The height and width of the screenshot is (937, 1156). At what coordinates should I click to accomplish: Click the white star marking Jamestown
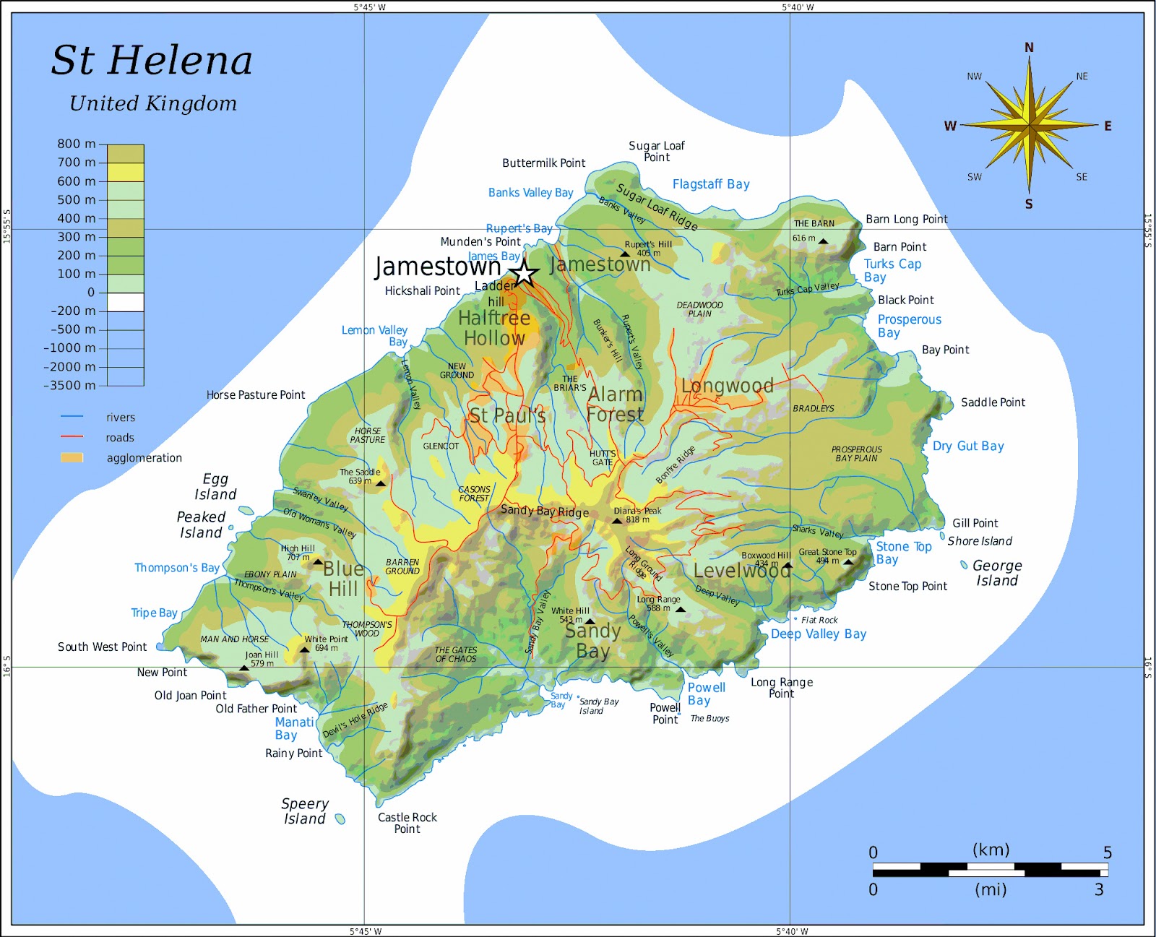pyautogui.click(x=524, y=274)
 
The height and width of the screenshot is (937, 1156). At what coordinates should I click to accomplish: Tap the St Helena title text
pyautogui.click(x=152, y=60)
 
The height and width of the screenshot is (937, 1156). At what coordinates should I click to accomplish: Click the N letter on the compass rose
pyautogui.click(x=1029, y=48)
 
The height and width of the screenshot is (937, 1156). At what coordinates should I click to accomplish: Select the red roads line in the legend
pyautogui.click(x=72, y=437)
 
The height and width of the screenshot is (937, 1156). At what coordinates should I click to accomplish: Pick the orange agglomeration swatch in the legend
pyautogui.click(x=72, y=457)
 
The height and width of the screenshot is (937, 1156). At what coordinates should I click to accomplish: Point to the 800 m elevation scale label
pyautogui.click(x=77, y=144)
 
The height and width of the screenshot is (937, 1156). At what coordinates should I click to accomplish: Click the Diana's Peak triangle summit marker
pyautogui.click(x=617, y=520)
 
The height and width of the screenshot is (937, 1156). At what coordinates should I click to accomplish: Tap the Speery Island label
pyautogui.click(x=304, y=811)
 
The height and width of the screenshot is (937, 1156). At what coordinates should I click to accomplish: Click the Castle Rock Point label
pyautogui.click(x=407, y=823)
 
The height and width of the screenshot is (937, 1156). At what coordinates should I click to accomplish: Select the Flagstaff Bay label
pyautogui.click(x=711, y=184)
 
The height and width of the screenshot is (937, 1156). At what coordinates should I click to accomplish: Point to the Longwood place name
pyautogui.click(x=727, y=386)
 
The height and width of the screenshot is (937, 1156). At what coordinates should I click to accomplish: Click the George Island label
pyautogui.click(x=997, y=573)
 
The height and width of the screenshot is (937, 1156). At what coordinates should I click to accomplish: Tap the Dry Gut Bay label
pyautogui.click(x=968, y=446)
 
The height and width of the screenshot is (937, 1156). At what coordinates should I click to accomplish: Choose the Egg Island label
pyautogui.click(x=215, y=487)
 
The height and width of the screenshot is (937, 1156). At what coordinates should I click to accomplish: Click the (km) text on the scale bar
pyautogui.click(x=991, y=850)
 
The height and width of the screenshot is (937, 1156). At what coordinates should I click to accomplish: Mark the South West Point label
pyautogui.click(x=102, y=647)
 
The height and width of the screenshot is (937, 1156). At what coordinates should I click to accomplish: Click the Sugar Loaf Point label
pyautogui.click(x=657, y=151)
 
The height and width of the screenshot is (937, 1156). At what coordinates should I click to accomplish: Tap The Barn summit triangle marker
pyautogui.click(x=823, y=241)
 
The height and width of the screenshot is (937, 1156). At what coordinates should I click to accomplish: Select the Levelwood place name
pyautogui.click(x=741, y=571)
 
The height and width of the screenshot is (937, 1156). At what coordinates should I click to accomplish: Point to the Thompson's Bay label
pyautogui.click(x=177, y=568)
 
